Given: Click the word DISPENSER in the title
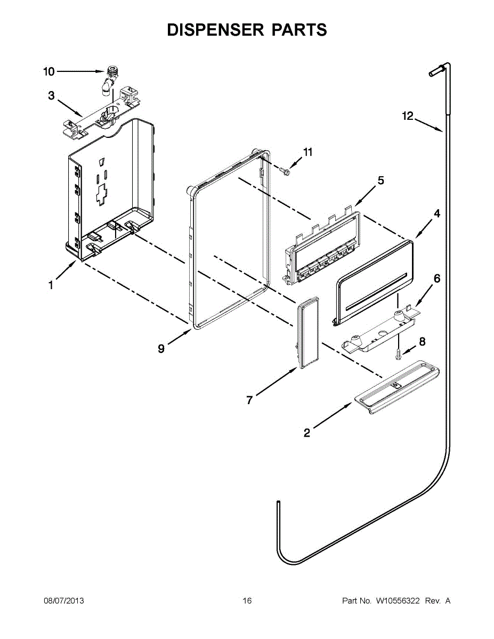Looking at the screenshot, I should [x=214, y=30].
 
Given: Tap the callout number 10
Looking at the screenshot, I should [x=48, y=72].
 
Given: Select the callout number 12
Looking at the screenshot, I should [x=408, y=116].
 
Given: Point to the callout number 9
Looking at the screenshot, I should [x=161, y=349].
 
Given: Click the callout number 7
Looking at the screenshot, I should [x=249, y=400].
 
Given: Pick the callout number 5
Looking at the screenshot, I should [x=380, y=181].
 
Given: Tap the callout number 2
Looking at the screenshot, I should [x=306, y=433].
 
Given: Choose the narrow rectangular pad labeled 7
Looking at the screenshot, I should [x=308, y=333].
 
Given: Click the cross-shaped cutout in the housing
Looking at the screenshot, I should [x=101, y=195].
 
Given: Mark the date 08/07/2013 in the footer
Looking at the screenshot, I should [x=63, y=601].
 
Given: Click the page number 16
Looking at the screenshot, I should [x=247, y=601].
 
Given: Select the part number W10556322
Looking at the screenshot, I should [x=398, y=601].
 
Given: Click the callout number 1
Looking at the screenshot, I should [x=51, y=286].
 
